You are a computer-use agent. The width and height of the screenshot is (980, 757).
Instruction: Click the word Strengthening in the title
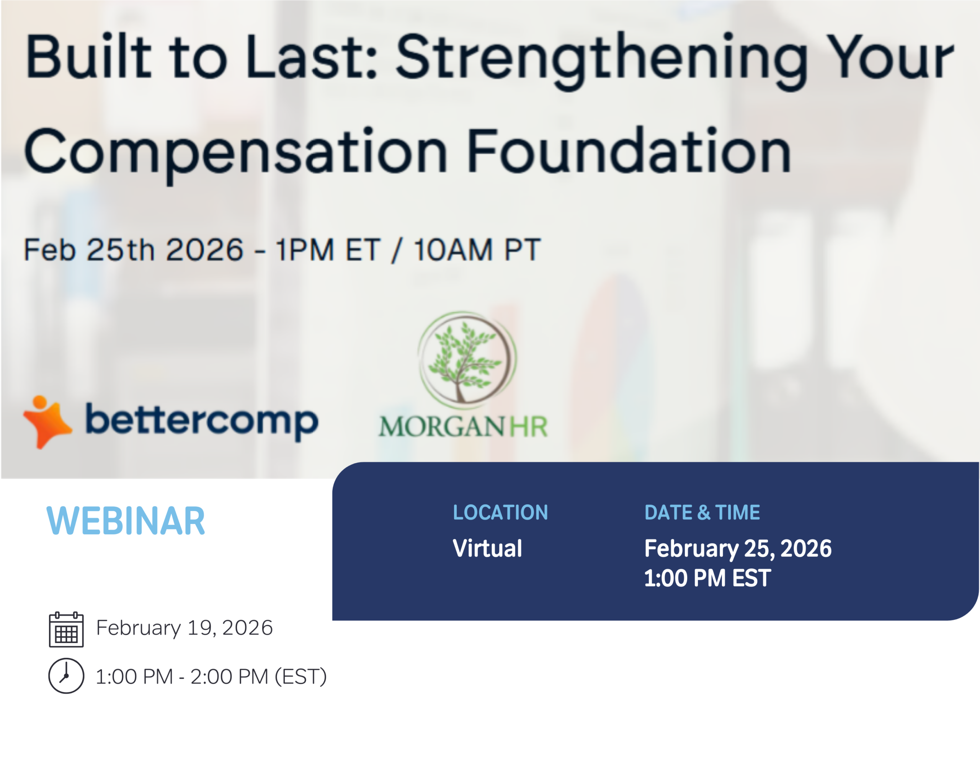coord(601,58)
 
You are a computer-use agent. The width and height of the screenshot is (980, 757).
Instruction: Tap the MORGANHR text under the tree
coord(463,427)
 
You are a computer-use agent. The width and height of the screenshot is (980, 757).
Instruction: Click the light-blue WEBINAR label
coord(126,521)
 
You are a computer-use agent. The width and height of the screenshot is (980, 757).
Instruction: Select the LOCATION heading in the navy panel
coord(500,512)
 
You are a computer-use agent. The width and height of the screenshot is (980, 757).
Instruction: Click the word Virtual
coord(487,548)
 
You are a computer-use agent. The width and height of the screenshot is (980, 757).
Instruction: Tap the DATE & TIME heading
coord(702,512)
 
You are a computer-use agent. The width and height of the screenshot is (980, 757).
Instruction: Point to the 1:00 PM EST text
coord(707,578)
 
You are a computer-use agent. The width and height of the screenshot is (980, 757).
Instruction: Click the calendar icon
coord(66,629)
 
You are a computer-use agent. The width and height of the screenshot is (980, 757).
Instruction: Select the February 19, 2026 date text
coord(185,628)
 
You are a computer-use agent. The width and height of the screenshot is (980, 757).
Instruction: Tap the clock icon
coord(66,676)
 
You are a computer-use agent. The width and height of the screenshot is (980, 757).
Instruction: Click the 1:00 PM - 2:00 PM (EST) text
coord(211,677)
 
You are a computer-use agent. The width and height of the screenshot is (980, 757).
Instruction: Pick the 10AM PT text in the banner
coord(477,250)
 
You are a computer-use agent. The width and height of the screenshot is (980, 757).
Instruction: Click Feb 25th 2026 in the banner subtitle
coord(133,250)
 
